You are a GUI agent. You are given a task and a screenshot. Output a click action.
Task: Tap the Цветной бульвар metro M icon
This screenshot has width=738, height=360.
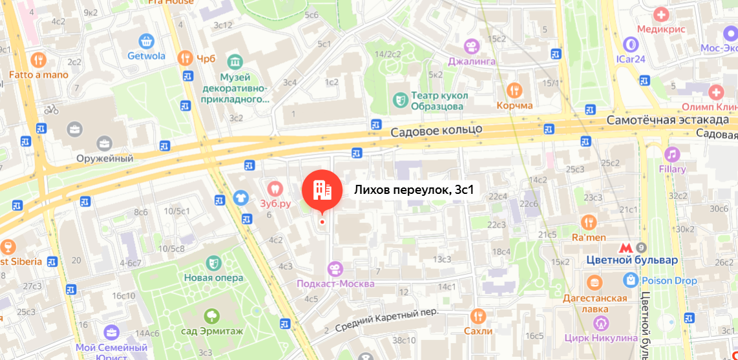[x=624, y=248]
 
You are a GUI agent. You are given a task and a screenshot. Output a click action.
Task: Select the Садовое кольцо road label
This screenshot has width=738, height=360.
[x=437, y=130]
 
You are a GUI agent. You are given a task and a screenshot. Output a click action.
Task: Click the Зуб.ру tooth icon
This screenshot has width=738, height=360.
[x=275, y=188]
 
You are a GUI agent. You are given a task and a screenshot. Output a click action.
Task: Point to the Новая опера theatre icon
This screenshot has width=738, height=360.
[x=212, y=262]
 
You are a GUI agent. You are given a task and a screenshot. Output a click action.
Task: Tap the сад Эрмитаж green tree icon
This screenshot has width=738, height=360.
[x=211, y=316]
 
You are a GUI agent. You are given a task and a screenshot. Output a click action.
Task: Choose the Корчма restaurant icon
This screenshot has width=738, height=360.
[x=514, y=90]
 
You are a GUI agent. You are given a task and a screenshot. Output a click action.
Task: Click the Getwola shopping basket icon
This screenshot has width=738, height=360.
[x=147, y=41]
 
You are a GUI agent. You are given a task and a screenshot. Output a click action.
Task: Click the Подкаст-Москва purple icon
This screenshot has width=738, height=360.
[x=335, y=268]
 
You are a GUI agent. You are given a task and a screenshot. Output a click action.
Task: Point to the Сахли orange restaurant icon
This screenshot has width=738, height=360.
[x=478, y=315]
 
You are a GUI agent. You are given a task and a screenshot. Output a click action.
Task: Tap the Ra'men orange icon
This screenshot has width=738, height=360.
[x=588, y=222]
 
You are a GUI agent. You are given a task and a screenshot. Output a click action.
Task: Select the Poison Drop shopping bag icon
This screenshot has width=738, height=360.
[x=631, y=281]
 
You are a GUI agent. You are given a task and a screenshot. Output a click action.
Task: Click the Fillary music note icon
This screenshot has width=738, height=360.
[x=672, y=154]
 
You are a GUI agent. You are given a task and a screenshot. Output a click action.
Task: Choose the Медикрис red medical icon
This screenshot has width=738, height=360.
[x=660, y=14]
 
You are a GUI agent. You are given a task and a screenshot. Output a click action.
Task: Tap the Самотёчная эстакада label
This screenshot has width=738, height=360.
[x=668, y=120]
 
